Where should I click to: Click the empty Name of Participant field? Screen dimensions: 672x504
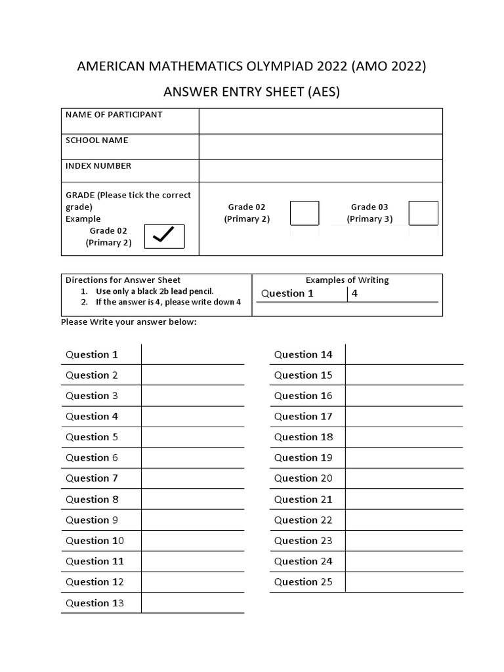pos(320,121)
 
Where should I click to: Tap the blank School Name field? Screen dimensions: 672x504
pos(320,146)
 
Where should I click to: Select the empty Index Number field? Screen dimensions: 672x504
pos(320,171)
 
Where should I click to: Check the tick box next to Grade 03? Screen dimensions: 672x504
pos(423,213)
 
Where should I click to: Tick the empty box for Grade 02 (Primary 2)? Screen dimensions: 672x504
pos(304,213)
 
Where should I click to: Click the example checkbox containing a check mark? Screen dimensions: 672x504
pos(164,236)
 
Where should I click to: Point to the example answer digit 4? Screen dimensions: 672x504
pos(355,293)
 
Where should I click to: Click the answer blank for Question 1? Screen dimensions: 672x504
pos(192,354)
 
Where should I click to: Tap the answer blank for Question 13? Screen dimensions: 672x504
pos(192,602)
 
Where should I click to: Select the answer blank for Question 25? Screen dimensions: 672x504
pos(404,582)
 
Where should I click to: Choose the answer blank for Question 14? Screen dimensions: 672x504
pos(404,354)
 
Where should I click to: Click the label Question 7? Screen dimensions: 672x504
pos(92,478)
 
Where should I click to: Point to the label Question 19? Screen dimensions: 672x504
pos(303,457)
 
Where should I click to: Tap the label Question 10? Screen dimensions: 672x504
pos(94,541)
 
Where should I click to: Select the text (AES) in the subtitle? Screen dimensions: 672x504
pos(322,92)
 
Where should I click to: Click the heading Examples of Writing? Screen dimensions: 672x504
pos(347,280)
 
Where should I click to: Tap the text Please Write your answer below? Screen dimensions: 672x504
pos(129,322)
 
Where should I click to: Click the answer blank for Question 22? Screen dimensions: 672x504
pos(404,520)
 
